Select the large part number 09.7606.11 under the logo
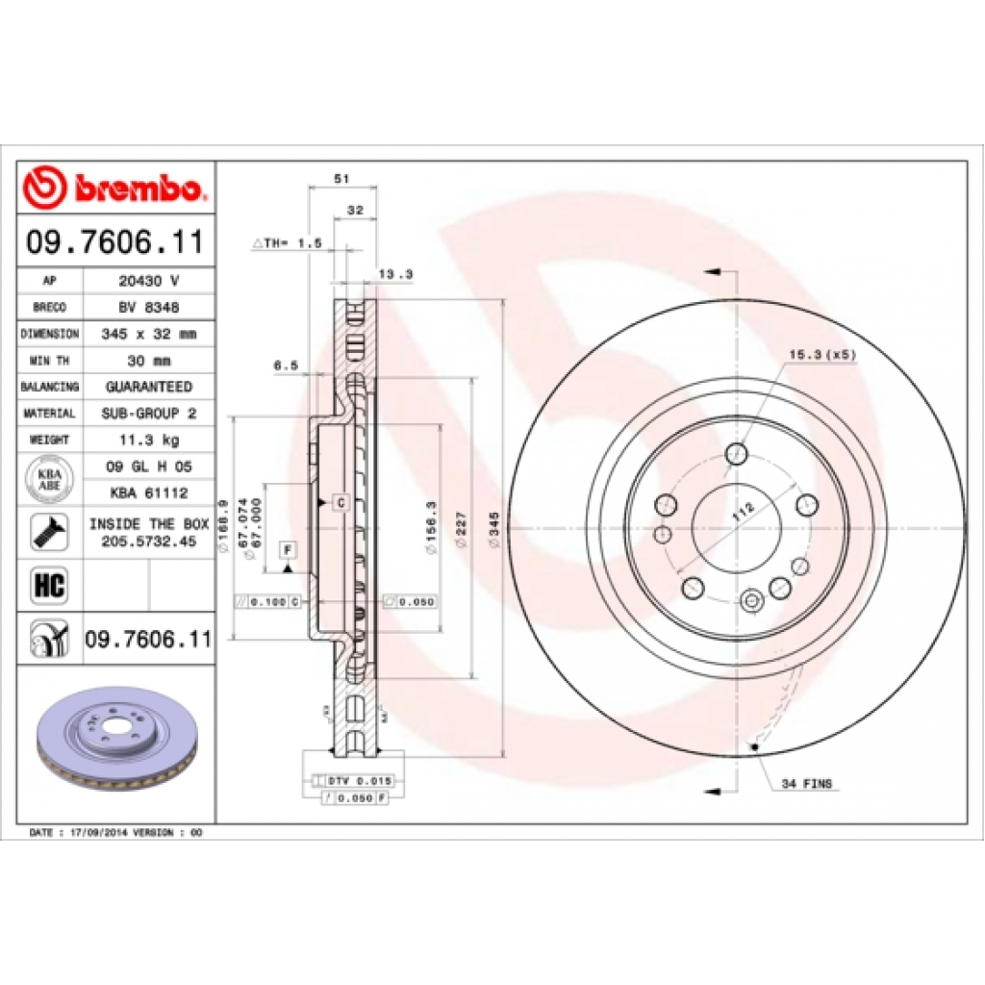(x=115, y=242)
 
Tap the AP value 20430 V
(x=147, y=281)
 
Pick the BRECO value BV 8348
(x=147, y=307)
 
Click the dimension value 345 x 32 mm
(x=147, y=334)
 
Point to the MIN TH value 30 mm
(x=147, y=360)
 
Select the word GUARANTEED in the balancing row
(x=147, y=387)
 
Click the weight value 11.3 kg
(x=147, y=440)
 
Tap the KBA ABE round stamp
(x=48, y=479)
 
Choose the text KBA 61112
(x=147, y=492)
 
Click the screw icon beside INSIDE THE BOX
(x=47, y=532)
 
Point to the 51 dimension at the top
(x=340, y=179)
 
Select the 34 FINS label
(x=806, y=784)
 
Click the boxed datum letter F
(x=287, y=549)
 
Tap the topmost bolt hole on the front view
(x=737, y=453)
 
